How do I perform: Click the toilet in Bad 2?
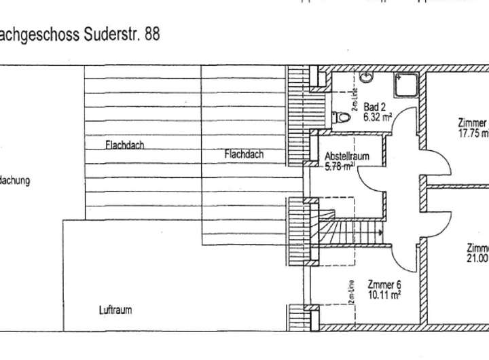(344, 117)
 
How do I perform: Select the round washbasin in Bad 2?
(367, 77)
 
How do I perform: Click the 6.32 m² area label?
(378, 116)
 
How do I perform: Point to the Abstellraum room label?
(347, 156)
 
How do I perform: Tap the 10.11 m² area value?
(384, 295)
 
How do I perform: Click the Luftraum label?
(115, 310)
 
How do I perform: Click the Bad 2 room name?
(374, 107)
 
